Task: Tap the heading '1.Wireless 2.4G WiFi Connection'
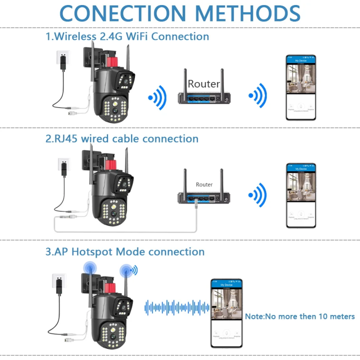tap(127, 36)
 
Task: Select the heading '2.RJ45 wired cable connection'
tap(122, 138)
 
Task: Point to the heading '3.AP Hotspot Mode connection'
tap(125, 251)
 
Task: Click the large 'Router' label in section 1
tap(203, 84)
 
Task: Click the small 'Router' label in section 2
tap(204, 184)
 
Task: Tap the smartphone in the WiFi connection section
tap(300, 88)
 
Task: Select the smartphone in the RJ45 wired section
tap(300, 195)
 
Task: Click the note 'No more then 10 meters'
tap(299, 316)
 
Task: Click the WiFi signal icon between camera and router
tap(157, 97)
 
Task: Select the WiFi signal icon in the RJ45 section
tap(258, 195)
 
